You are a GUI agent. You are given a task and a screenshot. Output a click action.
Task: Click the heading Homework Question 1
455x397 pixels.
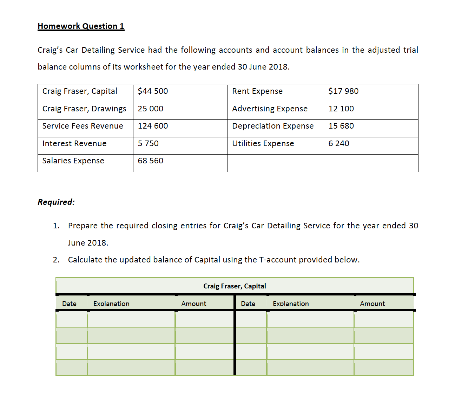click(81, 26)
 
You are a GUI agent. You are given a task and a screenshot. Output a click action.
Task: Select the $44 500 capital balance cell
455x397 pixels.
click(153, 91)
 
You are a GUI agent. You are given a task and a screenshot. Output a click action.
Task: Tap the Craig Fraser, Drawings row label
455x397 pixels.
click(84, 109)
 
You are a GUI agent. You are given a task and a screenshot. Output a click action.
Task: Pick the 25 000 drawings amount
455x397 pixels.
click(150, 109)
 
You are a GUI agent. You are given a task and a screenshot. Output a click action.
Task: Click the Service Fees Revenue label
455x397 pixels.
click(83, 126)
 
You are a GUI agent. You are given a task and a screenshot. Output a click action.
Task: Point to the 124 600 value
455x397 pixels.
click(153, 126)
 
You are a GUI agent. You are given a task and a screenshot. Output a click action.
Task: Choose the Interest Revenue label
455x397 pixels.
click(74, 144)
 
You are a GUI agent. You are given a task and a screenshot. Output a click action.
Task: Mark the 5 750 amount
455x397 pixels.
click(148, 144)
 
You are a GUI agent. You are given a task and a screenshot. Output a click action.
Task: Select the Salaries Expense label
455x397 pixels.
click(73, 161)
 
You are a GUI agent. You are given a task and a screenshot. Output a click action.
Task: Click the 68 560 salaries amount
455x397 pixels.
click(150, 161)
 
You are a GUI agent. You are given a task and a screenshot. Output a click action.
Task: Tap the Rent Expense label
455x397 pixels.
click(257, 91)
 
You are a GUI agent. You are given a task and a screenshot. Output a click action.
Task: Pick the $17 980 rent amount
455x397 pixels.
click(343, 91)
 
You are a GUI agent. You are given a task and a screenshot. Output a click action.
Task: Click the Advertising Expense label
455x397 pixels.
click(270, 109)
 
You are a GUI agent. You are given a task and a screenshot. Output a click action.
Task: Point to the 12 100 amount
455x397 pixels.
click(341, 109)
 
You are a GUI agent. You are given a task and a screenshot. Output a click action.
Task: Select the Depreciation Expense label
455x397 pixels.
click(273, 126)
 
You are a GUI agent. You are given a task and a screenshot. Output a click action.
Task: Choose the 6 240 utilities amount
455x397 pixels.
click(339, 144)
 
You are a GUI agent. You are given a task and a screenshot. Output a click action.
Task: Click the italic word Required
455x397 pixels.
click(56, 202)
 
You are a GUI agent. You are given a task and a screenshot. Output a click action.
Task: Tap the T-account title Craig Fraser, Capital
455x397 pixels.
click(235, 286)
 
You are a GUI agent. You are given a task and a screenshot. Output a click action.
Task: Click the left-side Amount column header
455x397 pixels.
click(193, 304)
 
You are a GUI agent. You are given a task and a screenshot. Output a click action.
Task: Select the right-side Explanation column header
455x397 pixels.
click(291, 304)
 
